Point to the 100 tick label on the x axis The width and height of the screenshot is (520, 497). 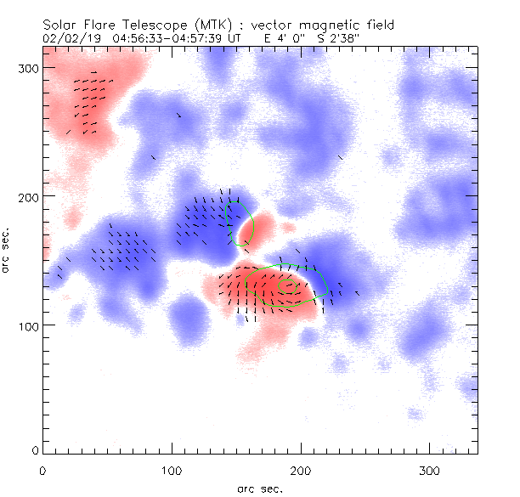coord(172,470)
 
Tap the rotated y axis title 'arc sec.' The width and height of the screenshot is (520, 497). coord(8,251)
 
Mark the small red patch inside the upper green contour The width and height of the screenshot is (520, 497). coord(252,229)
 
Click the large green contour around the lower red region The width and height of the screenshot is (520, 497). coord(324,281)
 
